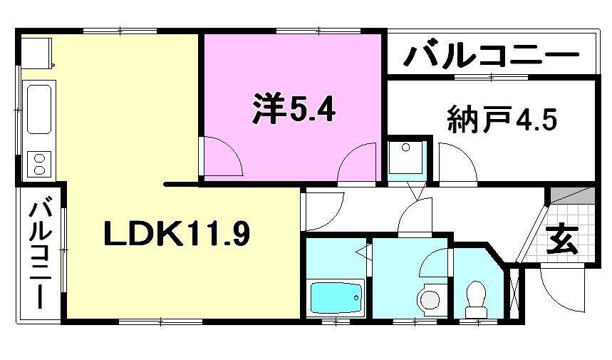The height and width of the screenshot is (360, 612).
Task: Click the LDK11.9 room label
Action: click(x=177, y=234)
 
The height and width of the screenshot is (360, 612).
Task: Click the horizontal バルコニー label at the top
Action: click(x=491, y=55)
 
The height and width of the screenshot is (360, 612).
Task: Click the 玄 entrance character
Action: click(x=562, y=240)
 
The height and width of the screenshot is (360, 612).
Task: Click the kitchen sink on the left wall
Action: click(x=39, y=110)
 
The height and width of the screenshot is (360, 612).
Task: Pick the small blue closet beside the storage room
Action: click(x=407, y=158)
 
